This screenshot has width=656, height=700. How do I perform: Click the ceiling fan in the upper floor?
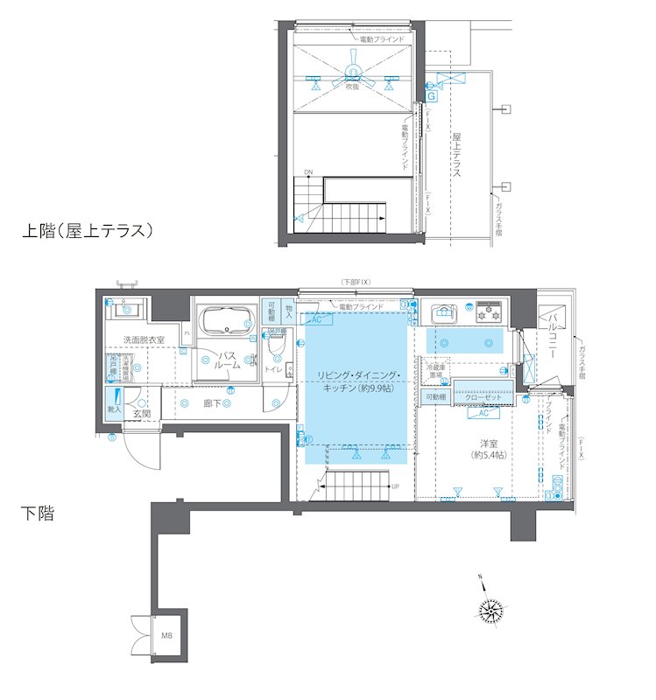coord(353,76)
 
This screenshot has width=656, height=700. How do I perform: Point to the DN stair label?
coord(308,171)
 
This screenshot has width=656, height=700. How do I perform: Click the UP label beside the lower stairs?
coord(395,486)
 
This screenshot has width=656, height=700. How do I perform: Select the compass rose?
coord(492,610)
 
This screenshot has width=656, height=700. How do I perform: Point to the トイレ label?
coord(272,370)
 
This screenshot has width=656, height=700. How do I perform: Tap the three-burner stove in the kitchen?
coord(489,311)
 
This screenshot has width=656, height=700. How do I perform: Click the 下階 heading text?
coord(37,514)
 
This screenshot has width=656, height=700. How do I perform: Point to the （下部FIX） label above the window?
coord(356,282)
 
